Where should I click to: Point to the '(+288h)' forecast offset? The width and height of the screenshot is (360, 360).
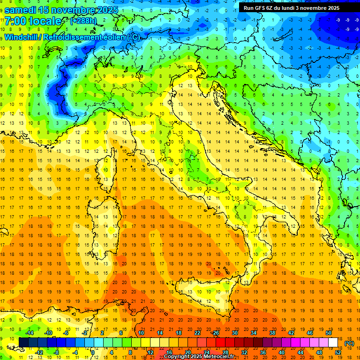tap(84, 21)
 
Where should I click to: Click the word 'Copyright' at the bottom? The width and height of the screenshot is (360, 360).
tap(178, 357)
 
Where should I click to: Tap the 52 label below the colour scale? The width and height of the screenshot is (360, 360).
tap(338, 352)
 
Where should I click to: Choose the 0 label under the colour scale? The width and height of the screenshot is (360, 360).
tap(93, 352)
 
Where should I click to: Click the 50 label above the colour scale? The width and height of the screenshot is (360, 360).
tap(329, 333)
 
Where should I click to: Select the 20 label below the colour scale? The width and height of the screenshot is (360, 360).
tap(187, 352)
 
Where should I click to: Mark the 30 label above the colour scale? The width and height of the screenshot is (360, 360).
tap(234, 333)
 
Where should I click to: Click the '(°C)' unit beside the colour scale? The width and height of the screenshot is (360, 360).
tap(349, 343)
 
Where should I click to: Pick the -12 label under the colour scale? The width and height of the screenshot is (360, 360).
tap(39, 352)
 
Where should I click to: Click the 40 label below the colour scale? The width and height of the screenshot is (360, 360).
tap(281, 352)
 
